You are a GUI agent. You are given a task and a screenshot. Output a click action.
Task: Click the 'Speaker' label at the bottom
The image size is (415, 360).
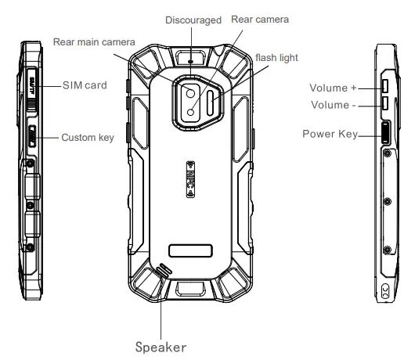pos(161,344)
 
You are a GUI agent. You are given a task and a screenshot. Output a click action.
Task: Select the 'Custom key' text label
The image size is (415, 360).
pos(88,138)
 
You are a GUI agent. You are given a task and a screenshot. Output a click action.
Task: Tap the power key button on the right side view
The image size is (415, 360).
pos(386,132)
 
